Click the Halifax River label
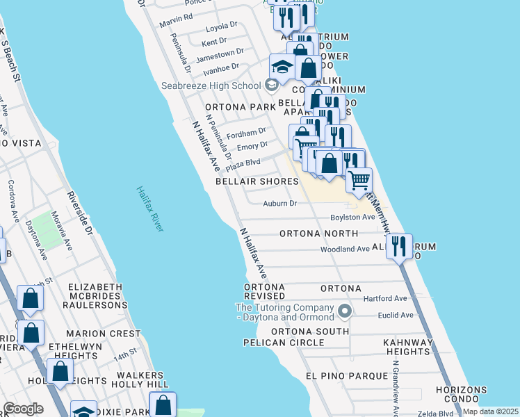click(x=150, y=208)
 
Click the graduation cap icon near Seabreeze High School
click(x=282, y=67)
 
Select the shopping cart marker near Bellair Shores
click(x=359, y=180)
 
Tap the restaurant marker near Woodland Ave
click(x=399, y=247)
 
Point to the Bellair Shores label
click(x=257, y=181)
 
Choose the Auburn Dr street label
click(x=280, y=204)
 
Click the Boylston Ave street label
click(x=352, y=217)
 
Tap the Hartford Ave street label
click(x=390, y=298)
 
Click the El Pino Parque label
click(x=346, y=375)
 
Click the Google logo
click(x=22, y=409)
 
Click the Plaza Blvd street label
click(x=243, y=163)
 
